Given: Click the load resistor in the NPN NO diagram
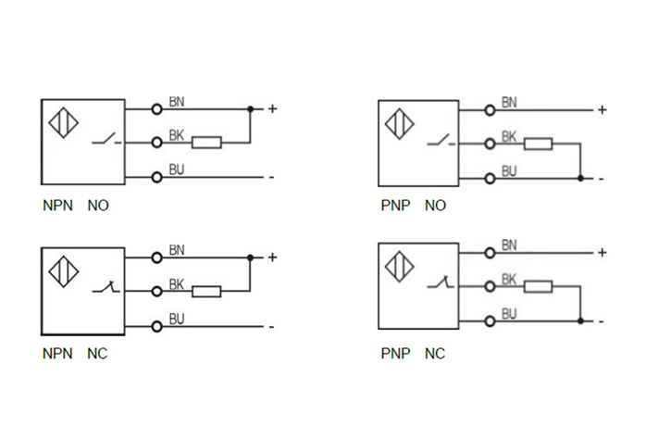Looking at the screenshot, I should point(206,143).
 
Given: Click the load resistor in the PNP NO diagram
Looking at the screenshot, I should point(538,144).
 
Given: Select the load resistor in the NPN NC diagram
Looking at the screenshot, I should point(206,291).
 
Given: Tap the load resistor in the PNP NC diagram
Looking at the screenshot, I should point(538,286).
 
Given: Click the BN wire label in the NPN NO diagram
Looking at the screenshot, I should point(177,101).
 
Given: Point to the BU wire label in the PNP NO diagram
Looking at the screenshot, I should point(508,170).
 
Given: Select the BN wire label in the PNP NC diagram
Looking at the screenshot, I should point(508,245).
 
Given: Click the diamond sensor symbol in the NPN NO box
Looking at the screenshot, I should point(60,124).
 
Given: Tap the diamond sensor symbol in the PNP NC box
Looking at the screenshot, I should point(400,268).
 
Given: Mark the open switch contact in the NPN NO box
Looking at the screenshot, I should point(106,142).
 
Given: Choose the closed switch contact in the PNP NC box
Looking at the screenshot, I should point(440,284).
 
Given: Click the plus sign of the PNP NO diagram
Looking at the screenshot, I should point(602,110).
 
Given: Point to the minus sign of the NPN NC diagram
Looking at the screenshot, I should point(271,326).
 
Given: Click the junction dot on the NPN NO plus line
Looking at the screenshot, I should point(251,109).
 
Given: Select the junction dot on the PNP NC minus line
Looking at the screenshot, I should point(580,320).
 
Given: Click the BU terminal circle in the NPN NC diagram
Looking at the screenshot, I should point(156,325).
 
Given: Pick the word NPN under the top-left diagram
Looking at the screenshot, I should point(56,206).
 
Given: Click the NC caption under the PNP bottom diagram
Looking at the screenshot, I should point(435,354).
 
